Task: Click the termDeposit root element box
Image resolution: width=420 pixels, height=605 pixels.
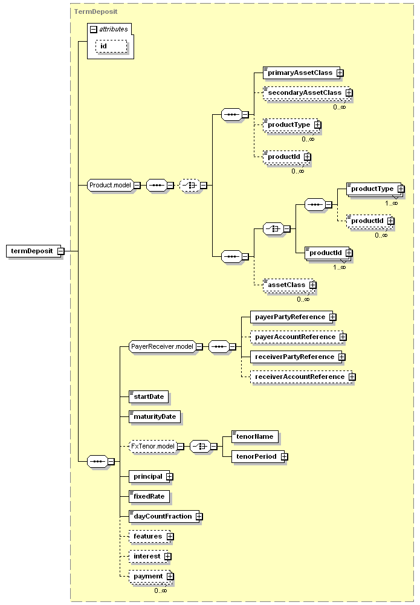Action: (x=34, y=251)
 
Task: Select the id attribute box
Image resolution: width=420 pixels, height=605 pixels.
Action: (x=111, y=47)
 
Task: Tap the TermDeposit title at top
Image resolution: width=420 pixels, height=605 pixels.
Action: (x=95, y=11)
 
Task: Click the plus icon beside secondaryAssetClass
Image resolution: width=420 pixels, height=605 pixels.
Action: (x=349, y=93)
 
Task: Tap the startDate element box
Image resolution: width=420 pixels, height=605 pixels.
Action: (x=149, y=396)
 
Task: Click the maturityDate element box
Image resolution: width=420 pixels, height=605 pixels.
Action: (x=155, y=416)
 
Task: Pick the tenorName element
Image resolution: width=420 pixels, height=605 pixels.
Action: (x=255, y=436)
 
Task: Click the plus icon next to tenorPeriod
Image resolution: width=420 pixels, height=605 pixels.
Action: (x=284, y=457)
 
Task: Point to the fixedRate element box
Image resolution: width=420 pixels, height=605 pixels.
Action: (x=149, y=497)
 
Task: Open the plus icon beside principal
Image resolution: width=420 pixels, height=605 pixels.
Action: (x=170, y=477)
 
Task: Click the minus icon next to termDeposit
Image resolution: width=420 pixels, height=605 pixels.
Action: (x=60, y=251)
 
